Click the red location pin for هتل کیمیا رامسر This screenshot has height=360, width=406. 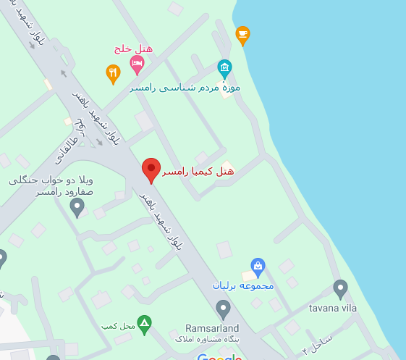(151, 169)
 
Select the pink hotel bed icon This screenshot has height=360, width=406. (137, 64)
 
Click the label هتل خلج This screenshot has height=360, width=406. (132, 49)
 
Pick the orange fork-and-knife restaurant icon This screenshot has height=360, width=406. (113, 72)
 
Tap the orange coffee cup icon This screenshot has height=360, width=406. (243, 33)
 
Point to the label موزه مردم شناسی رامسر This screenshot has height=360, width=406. (185, 88)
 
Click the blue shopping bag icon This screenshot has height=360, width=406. (258, 266)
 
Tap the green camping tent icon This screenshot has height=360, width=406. (145, 323)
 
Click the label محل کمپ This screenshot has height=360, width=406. (118, 326)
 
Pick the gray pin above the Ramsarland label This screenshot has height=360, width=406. (224, 309)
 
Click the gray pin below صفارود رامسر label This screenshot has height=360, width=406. (77, 207)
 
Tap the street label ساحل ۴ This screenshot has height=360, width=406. (316, 343)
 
